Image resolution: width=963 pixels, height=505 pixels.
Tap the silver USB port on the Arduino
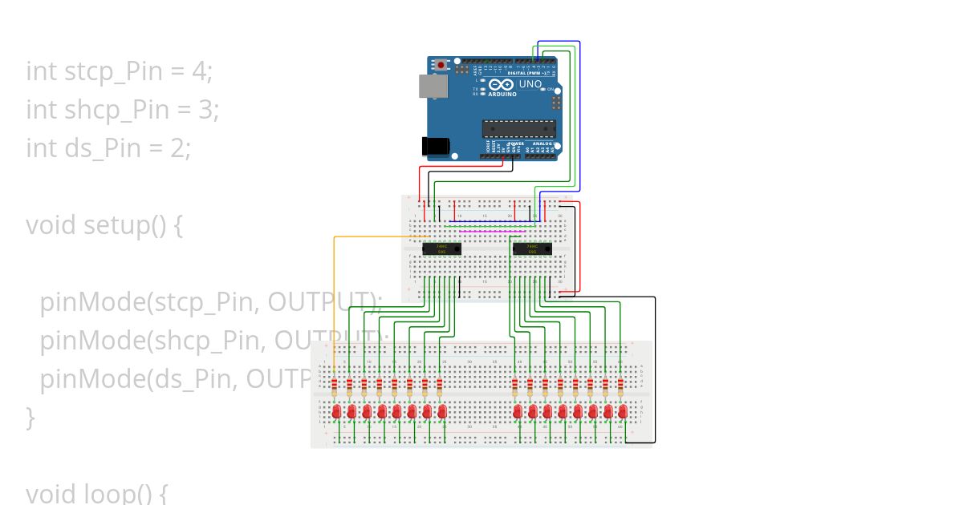433,86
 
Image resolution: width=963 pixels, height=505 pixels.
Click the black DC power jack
435,145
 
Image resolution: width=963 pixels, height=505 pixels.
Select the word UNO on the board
530,84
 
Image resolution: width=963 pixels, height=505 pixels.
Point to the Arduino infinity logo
502,84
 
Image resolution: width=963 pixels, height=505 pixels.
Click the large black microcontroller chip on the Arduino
518,128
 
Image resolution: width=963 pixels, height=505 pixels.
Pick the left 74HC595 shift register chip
441,248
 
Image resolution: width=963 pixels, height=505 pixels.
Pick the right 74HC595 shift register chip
531,248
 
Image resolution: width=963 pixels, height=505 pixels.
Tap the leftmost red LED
335,411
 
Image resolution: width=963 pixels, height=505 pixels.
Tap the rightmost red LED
623,411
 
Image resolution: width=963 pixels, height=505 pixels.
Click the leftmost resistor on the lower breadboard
335,388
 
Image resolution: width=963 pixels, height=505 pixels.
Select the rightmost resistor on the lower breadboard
621,388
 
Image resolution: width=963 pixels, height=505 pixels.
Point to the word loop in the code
116,493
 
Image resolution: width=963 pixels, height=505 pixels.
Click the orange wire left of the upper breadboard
334,289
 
